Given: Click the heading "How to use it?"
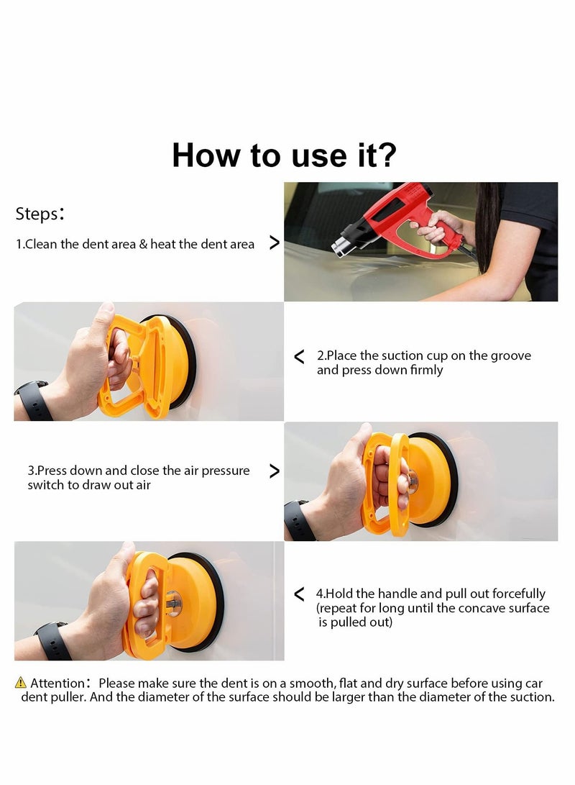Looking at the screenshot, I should [x=284, y=155].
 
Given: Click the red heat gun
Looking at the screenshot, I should [x=402, y=216].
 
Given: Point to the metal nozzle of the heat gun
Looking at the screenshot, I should [x=342, y=245].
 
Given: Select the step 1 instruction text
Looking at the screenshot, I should [x=135, y=245].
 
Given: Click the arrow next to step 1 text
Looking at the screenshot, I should [x=274, y=243].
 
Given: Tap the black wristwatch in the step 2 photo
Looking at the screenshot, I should [x=32, y=401].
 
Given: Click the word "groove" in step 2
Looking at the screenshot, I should [x=510, y=355].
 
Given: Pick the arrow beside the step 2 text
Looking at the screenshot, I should [x=300, y=356].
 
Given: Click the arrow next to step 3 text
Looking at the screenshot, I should [x=274, y=471].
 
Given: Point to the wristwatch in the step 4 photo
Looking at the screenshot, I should [x=52, y=640].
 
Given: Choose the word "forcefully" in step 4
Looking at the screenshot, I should [x=518, y=594].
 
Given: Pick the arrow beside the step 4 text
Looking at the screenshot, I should [x=300, y=594].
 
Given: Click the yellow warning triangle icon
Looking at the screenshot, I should [x=21, y=683].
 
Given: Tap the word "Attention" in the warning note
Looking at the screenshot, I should [x=57, y=683].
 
